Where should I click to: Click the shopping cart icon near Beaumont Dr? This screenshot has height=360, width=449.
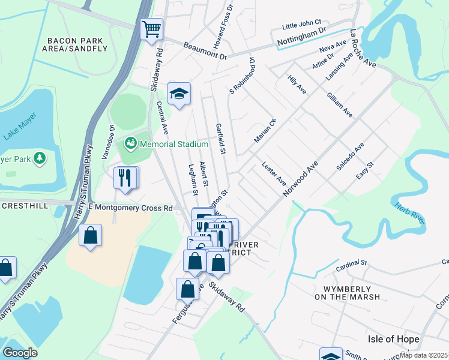pos(152,29)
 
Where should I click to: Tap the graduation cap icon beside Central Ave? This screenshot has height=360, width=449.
pos(179,94)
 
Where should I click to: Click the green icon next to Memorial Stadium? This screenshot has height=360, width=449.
pos(130,144)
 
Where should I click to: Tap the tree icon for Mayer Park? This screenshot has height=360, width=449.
pos(40,158)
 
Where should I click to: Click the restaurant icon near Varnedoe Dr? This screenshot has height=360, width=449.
pos(125,178)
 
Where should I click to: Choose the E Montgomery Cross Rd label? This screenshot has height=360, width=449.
pos(130,208)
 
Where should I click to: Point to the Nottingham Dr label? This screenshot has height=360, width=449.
pos(301,37)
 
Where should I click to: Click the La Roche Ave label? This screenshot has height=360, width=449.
pos(363,48)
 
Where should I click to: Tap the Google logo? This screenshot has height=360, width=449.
pos(20,353)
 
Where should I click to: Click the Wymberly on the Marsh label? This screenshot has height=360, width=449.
pos(347,292)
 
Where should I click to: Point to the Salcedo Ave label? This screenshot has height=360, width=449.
pos(350,157)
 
